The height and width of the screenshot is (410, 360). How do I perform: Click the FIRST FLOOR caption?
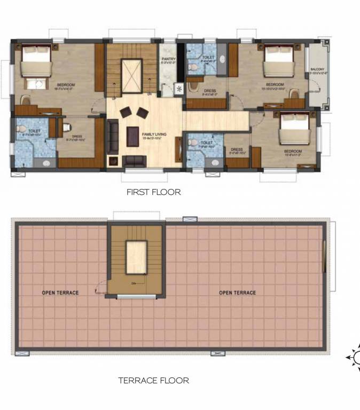[x=153, y=192]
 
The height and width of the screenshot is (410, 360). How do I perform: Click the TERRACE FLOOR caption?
[x=153, y=381]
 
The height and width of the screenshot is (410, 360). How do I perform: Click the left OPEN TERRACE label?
[x=60, y=293]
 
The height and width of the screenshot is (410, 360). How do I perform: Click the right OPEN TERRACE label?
[x=237, y=293]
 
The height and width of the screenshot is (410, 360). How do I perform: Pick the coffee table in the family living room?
[x=132, y=136]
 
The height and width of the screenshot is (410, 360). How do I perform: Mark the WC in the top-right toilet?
[x=193, y=68]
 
